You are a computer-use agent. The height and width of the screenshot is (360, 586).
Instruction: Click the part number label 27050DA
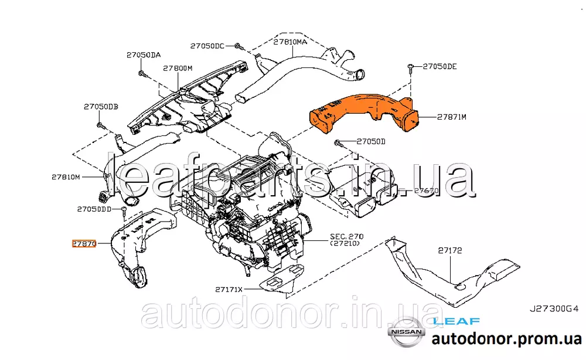(143, 55)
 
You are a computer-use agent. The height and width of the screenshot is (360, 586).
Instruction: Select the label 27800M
(178, 69)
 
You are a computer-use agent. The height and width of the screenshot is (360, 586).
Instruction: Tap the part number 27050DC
(207, 46)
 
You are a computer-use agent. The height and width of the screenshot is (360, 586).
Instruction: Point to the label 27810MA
(290, 42)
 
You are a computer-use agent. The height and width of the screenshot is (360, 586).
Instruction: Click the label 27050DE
(439, 67)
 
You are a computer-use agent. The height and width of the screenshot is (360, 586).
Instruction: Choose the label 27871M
(451, 117)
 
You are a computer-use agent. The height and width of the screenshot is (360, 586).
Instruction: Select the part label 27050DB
(100, 107)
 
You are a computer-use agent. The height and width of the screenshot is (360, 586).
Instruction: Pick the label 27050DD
(94, 209)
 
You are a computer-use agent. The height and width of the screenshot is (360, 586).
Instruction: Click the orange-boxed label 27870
(83, 243)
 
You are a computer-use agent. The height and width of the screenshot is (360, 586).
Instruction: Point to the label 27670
(426, 191)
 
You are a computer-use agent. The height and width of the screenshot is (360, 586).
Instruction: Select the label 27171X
(229, 289)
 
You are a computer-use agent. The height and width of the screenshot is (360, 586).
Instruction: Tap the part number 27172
(450, 250)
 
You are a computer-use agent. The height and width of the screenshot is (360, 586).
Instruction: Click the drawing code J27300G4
(554, 308)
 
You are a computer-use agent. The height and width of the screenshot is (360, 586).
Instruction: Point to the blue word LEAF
(456, 321)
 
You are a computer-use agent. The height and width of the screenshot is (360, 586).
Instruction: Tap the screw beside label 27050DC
(237, 45)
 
